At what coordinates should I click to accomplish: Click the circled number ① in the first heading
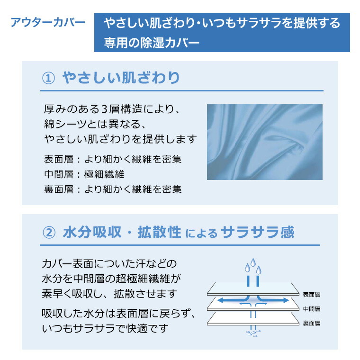point(49,78)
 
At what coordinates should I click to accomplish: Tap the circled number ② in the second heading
point(49,232)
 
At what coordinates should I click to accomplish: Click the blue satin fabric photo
point(264,142)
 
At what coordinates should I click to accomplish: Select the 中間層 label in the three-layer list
point(56,174)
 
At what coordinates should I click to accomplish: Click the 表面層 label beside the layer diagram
point(312,294)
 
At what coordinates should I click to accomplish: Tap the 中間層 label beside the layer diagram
point(312,309)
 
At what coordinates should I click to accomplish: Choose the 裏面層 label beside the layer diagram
point(312,323)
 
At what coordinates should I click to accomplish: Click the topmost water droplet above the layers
point(252,262)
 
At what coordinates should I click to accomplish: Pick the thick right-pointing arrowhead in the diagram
point(286,300)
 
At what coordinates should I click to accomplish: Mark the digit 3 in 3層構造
point(106,109)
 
